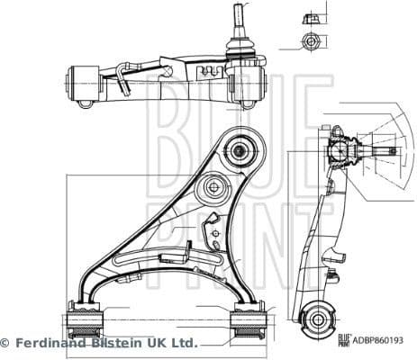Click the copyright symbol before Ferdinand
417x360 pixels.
[5, 343]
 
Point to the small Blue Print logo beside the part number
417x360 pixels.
[343, 341]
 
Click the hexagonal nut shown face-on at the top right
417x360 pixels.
[311, 41]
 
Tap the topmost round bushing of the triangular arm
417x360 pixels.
[240, 149]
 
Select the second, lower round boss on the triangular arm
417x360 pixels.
[214, 187]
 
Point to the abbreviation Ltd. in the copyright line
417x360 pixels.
[183, 343]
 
